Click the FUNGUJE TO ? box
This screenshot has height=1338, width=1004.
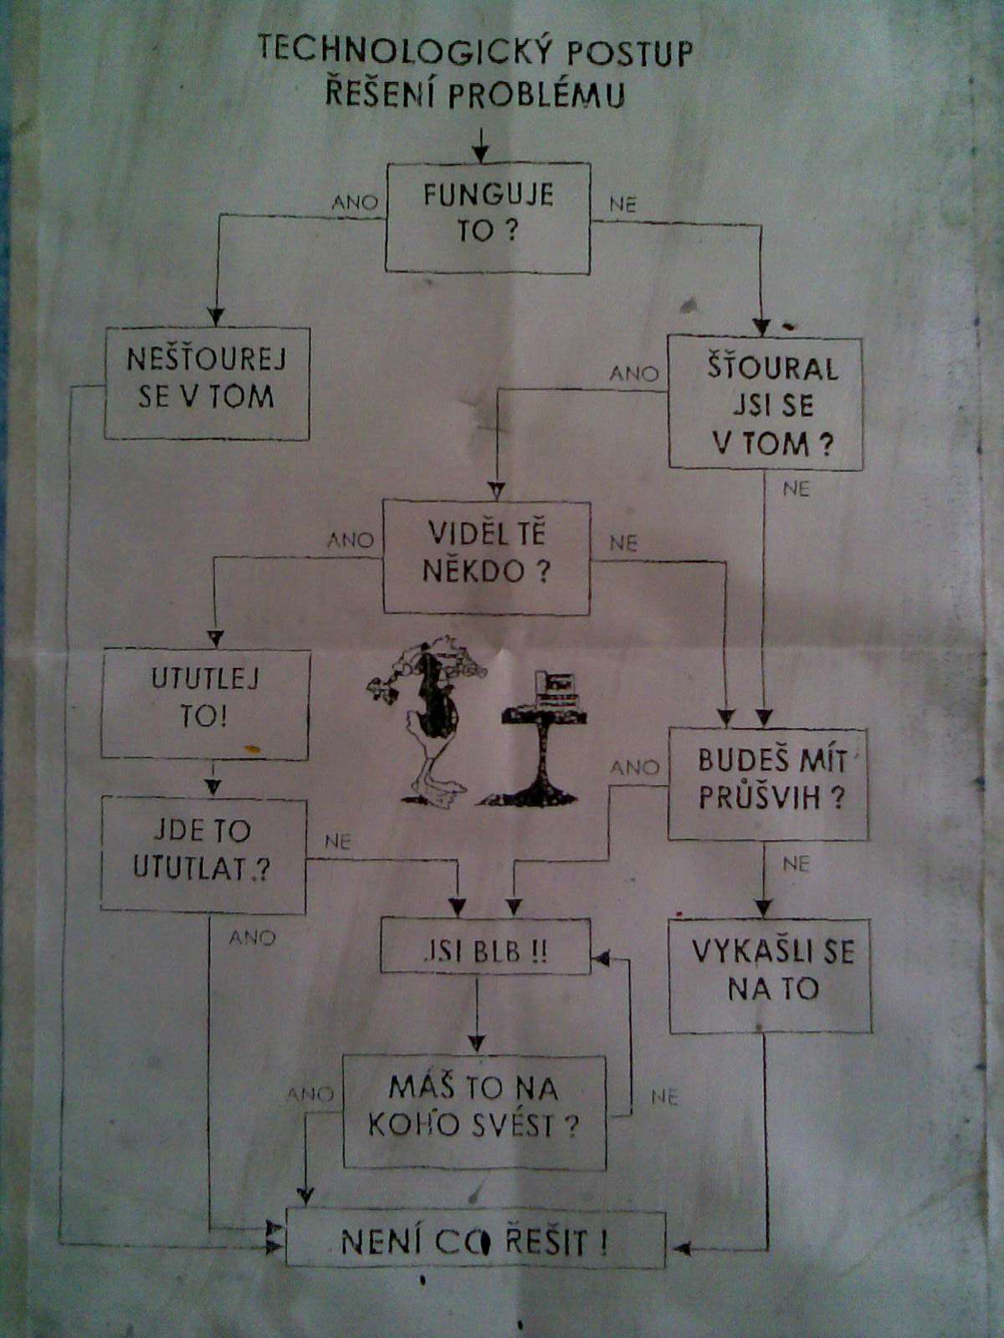click(x=488, y=217)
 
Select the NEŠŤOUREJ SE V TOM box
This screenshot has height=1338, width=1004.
click(x=207, y=383)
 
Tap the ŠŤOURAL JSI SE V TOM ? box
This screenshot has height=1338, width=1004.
click(x=765, y=403)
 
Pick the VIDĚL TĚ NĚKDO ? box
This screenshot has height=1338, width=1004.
click(x=486, y=557)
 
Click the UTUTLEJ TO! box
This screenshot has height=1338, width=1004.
click(x=205, y=704)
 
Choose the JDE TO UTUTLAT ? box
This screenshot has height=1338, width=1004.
click(x=203, y=853)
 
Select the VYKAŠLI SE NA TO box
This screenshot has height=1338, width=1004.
click(x=770, y=975)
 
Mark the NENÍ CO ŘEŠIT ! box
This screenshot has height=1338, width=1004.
click(x=475, y=1239)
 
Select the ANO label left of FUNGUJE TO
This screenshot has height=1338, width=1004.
click(x=355, y=202)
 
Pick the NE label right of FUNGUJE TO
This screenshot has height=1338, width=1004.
click(x=622, y=204)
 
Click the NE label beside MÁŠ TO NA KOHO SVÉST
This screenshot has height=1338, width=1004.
click(x=663, y=1096)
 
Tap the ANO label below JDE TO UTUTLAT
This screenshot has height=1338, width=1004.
click(x=252, y=937)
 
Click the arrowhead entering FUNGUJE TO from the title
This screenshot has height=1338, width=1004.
click(x=479, y=156)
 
